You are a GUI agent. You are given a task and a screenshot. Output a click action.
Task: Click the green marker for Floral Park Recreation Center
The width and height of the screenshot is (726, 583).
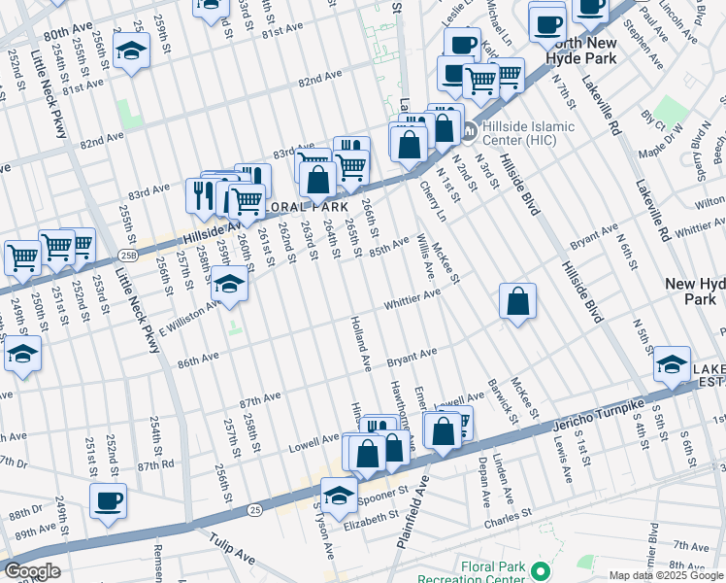[x=541, y=570]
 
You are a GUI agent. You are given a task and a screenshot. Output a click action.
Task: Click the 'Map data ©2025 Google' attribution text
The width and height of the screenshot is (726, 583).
[x=666, y=576]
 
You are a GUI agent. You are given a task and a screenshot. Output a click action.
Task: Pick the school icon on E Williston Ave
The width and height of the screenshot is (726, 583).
[x=229, y=284]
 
